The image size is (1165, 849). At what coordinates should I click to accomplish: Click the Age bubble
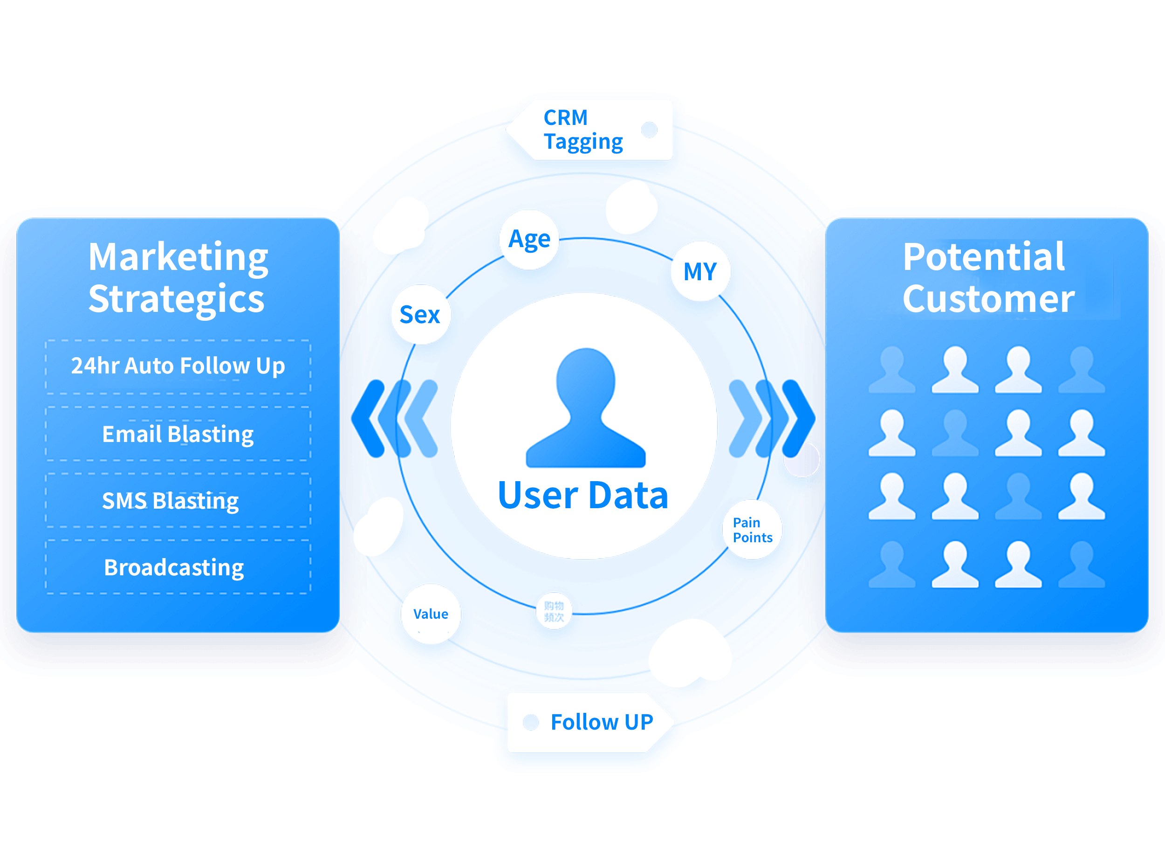529,240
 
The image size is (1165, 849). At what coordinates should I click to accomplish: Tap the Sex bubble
420,315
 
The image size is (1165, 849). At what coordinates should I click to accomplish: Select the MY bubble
700,271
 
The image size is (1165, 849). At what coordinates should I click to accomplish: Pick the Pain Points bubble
752,530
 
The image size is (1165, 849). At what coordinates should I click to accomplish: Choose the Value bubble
431,614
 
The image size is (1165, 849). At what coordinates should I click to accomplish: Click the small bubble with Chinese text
554,611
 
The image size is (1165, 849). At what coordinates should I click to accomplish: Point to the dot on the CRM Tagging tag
649,130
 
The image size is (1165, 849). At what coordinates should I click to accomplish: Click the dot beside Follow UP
531,723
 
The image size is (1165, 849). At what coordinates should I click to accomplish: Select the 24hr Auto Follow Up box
178,366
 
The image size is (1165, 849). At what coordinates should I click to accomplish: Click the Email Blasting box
178,434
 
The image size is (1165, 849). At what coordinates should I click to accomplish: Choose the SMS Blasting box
178,501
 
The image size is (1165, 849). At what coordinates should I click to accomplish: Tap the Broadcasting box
178,567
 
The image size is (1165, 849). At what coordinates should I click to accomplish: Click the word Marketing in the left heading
178,257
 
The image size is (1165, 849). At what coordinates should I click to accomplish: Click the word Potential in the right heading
984,257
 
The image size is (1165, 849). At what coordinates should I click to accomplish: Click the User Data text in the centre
583,496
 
